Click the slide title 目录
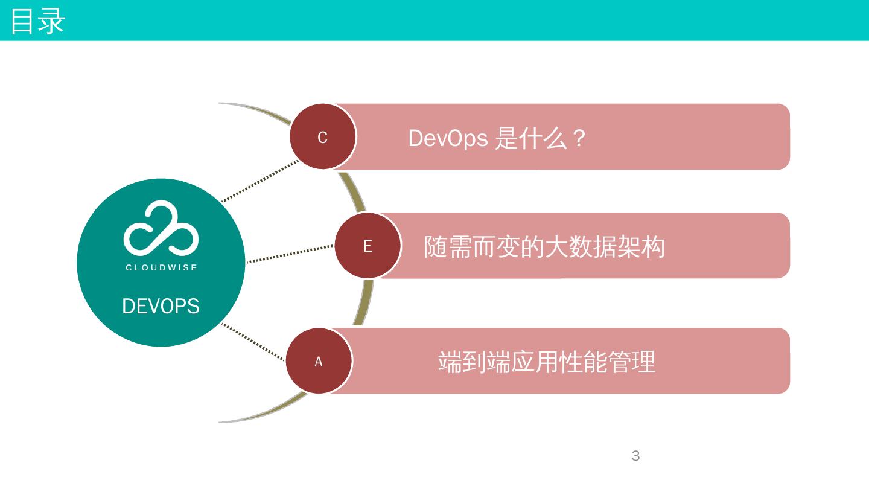tap(37, 21)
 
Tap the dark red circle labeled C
tap(323, 137)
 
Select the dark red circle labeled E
tap(368, 246)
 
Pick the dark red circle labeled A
tap(319, 361)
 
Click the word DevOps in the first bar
tap(448, 138)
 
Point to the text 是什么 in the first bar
tap(531, 138)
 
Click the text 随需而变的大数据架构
tap(544, 247)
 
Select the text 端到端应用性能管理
tap(546, 362)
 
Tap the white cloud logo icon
tap(161, 228)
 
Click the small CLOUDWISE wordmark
tap(161, 267)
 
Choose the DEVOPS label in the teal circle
tap(161, 306)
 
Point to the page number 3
tap(635, 456)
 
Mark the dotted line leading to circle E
tap(290, 254)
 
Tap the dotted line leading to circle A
tap(253, 342)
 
